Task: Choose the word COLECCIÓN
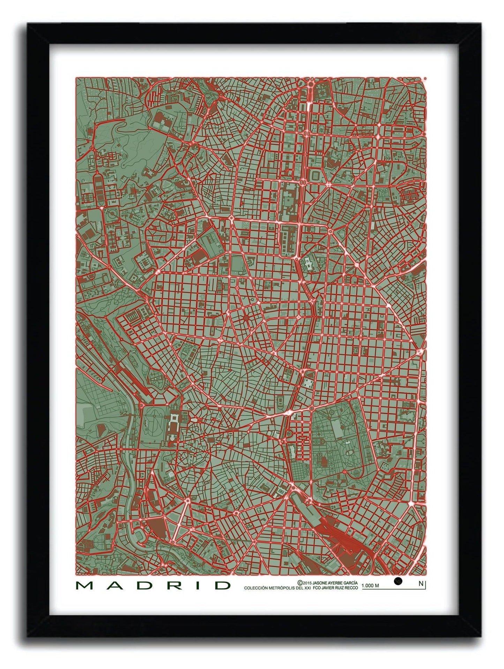(256, 588)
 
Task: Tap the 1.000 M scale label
(370, 586)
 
